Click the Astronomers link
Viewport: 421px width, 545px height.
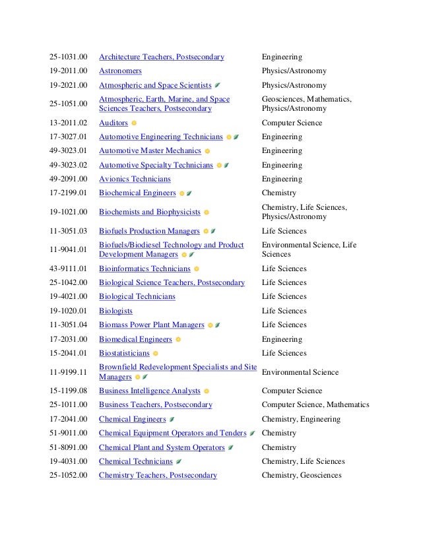pos(120,71)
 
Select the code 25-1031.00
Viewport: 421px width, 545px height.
pos(68,57)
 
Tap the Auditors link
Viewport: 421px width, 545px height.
pos(113,123)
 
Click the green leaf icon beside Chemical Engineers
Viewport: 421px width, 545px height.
pos(172,420)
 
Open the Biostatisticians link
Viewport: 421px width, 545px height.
pos(124,354)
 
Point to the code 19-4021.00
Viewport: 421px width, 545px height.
pos(68,297)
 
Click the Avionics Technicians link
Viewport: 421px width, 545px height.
pos(135,179)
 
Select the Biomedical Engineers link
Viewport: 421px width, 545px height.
pos(135,340)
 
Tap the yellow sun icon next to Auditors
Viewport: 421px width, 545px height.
pos(134,123)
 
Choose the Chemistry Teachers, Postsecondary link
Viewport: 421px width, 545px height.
pos(158,476)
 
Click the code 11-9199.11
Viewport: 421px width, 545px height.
pos(68,372)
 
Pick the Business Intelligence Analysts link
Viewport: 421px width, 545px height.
pos(149,391)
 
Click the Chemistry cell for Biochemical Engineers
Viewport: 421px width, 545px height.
pos(279,193)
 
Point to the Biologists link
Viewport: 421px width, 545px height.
pos(115,311)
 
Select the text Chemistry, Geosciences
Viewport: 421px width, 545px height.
pos(302,476)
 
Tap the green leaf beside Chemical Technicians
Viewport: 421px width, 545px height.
pos(179,462)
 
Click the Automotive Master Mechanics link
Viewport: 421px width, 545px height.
pos(150,151)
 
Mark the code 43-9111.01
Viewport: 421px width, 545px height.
pos(68,269)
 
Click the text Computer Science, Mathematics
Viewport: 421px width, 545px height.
pos(315,405)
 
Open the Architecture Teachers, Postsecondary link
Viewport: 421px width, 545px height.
pos(161,57)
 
